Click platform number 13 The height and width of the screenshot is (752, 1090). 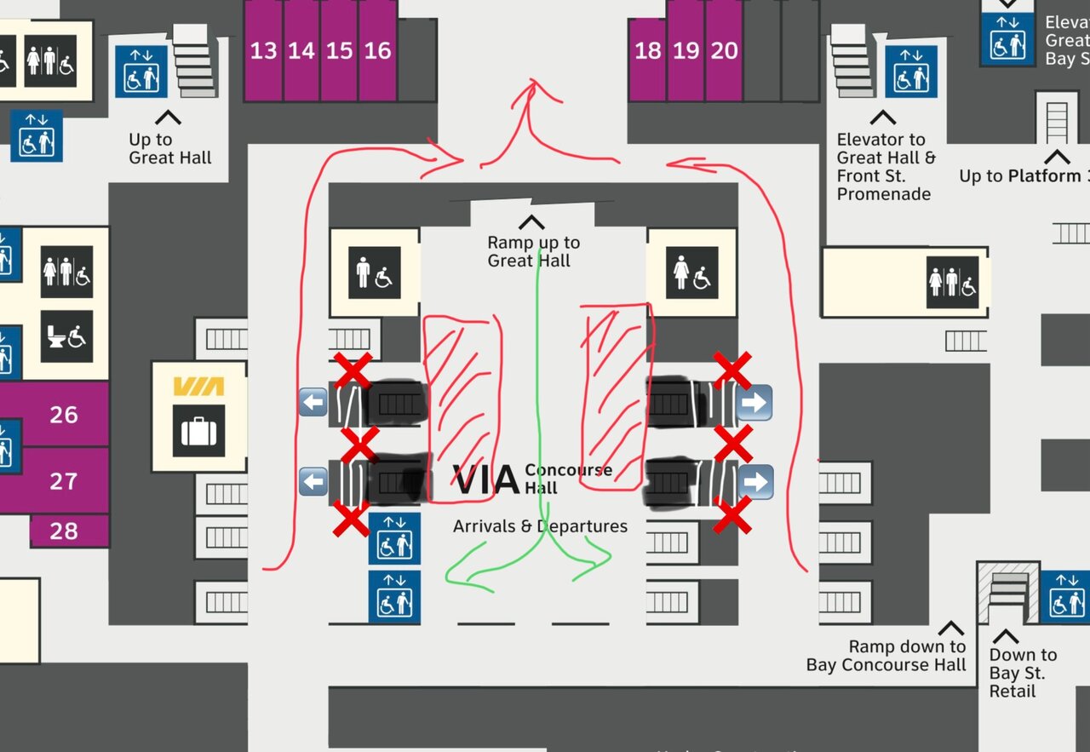263,50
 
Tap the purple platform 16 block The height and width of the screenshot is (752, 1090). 377,50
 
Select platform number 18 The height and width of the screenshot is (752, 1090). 648,51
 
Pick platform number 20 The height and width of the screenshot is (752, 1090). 724,51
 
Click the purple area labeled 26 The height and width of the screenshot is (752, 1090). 64,415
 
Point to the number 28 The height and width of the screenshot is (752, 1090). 64,531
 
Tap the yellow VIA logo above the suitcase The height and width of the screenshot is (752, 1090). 198,387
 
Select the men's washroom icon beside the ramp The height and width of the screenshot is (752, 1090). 374,273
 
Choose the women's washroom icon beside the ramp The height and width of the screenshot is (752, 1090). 691,273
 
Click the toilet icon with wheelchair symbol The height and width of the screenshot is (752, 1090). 66,336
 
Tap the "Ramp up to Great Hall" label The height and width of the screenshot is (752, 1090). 533,252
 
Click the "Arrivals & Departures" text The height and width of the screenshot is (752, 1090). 540,526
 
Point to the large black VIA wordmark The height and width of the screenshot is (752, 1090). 486,480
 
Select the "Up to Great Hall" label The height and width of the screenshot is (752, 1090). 169,149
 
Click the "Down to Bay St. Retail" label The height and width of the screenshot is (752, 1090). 1023,673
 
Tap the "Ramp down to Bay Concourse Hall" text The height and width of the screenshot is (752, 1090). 887,656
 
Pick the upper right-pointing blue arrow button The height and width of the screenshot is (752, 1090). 754,403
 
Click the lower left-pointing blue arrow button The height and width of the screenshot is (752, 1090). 313,481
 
